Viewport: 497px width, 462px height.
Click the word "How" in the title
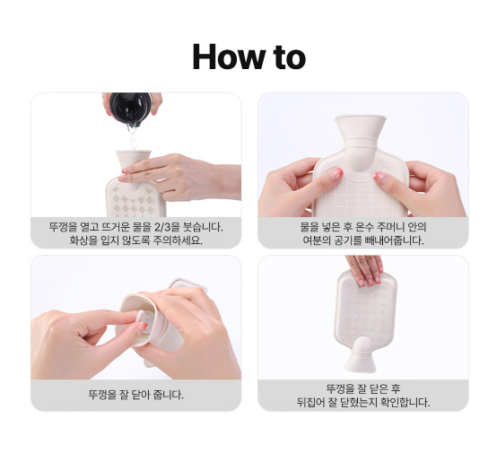(229, 57)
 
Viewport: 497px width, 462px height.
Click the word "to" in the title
(290, 57)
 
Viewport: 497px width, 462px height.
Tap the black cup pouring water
(130, 107)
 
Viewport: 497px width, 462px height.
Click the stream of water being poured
(133, 136)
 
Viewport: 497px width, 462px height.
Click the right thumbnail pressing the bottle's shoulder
(380, 177)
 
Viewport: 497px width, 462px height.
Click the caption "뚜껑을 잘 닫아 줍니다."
(136, 395)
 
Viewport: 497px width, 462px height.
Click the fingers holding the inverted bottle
(364, 270)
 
